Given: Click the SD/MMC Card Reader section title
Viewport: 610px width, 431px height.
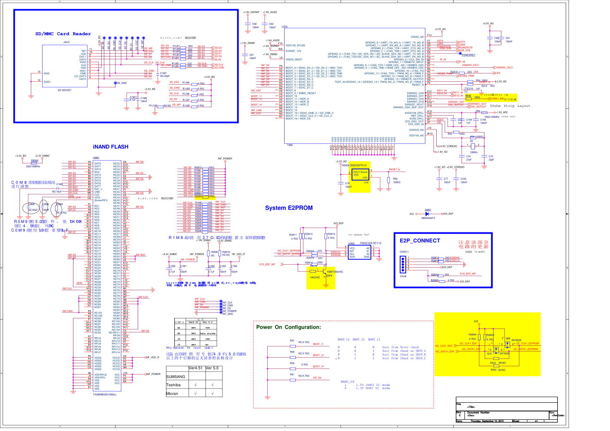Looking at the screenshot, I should (x=63, y=34).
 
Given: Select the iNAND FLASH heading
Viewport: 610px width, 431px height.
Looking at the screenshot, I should (x=110, y=147).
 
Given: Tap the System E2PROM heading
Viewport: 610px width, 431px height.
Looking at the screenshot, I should (x=289, y=208).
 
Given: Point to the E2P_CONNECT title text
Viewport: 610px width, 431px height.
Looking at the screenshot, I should (x=420, y=241).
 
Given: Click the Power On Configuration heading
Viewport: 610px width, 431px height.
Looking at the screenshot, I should (x=288, y=327).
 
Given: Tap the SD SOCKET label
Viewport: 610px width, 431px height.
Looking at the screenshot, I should (x=64, y=90).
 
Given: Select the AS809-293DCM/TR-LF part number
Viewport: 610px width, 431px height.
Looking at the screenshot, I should (x=354, y=165).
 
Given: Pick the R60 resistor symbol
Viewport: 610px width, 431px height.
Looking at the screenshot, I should (x=389, y=180).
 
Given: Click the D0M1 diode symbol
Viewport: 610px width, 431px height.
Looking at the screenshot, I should (x=427, y=214).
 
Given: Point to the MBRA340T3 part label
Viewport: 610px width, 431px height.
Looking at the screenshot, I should (x=428, y=218).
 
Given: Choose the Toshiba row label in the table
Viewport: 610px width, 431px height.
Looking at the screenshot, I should (x=173, y=385).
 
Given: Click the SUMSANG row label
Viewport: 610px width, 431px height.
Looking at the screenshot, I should (x=176, y=377).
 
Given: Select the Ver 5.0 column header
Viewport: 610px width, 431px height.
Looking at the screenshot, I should (x=212, y=368).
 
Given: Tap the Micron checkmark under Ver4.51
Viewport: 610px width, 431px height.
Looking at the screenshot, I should (x=196, y=394).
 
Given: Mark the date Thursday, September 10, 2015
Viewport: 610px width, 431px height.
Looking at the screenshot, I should (x=487, y=421).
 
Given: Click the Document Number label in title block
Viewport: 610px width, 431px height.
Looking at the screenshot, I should (x=478, y=413).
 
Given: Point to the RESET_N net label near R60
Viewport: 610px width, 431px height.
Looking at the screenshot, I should (x=394, y=169).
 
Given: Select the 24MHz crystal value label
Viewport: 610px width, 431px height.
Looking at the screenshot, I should (x=474, y=152).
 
